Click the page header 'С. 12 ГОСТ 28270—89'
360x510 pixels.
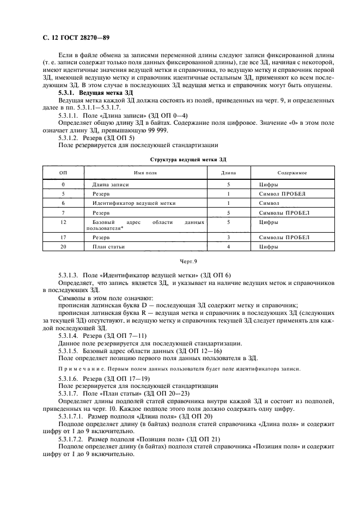[x=77, y=39]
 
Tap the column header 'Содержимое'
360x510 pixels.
[x=291, y=173]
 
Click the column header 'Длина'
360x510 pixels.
[x=228, y=173]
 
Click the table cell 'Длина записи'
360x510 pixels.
[x=111, y=185]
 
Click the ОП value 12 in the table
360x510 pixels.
[x=64, y=223]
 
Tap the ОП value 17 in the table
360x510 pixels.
[x=64, y=238]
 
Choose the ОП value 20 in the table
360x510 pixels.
[x=64, y=247]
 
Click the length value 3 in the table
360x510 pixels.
[x=229, y=238]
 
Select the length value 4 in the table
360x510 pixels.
[x=229, y=247]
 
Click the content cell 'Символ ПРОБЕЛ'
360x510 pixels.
[x=282, y=194]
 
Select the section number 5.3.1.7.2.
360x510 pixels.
[x=72, y=438]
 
